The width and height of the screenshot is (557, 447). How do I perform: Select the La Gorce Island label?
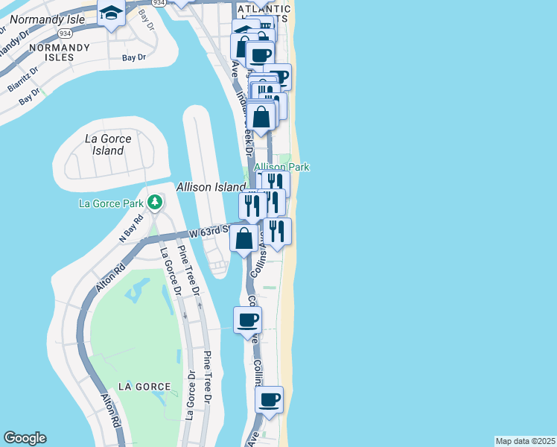pyautogui.click(x=108, y=145)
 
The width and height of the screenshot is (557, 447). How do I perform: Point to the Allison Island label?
pyautogui.click(x=211, y=187)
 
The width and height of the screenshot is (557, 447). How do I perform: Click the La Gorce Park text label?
pyautogui.click(x=111, y=203)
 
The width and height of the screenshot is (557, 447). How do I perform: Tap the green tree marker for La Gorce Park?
pyautogui.click(x=155, y=202)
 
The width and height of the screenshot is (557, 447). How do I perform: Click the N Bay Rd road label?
pyautogui.click(x=130, y=227)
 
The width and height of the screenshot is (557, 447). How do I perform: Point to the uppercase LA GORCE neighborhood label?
pyautogui.click(x=144, y=387)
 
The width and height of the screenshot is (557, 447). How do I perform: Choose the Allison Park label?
pyautogui.click(x=281, y=168)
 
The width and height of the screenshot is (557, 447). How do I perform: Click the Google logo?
pyautogui.click(x=25, y=438)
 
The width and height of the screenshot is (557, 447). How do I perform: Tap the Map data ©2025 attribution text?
pyautogui.click(x=525, y=441)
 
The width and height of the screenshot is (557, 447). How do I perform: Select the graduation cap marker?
pyautogui.click(x=112, y=14)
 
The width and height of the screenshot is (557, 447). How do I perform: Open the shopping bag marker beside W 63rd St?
pyautogui.click(x=244, y=239)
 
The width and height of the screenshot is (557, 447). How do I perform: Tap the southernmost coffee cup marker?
pyautogui.click(x=270, y=399)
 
